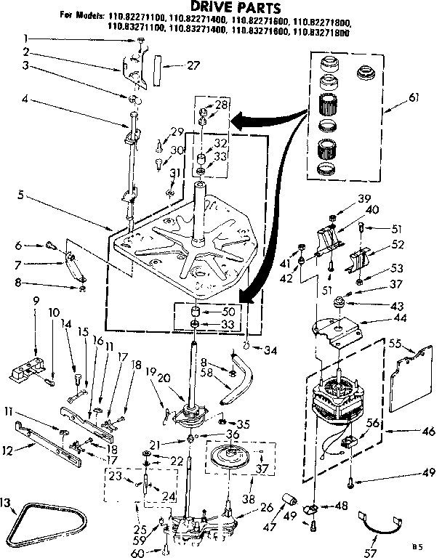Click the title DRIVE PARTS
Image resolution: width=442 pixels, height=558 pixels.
(x=221, y=7)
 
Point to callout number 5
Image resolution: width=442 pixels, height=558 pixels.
(x=25, y=194)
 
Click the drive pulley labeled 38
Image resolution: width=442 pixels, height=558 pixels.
(x=237, y=462)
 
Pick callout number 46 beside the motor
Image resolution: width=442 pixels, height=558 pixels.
(x=428, y=432)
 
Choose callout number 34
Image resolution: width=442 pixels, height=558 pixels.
(x=270, y=351)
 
